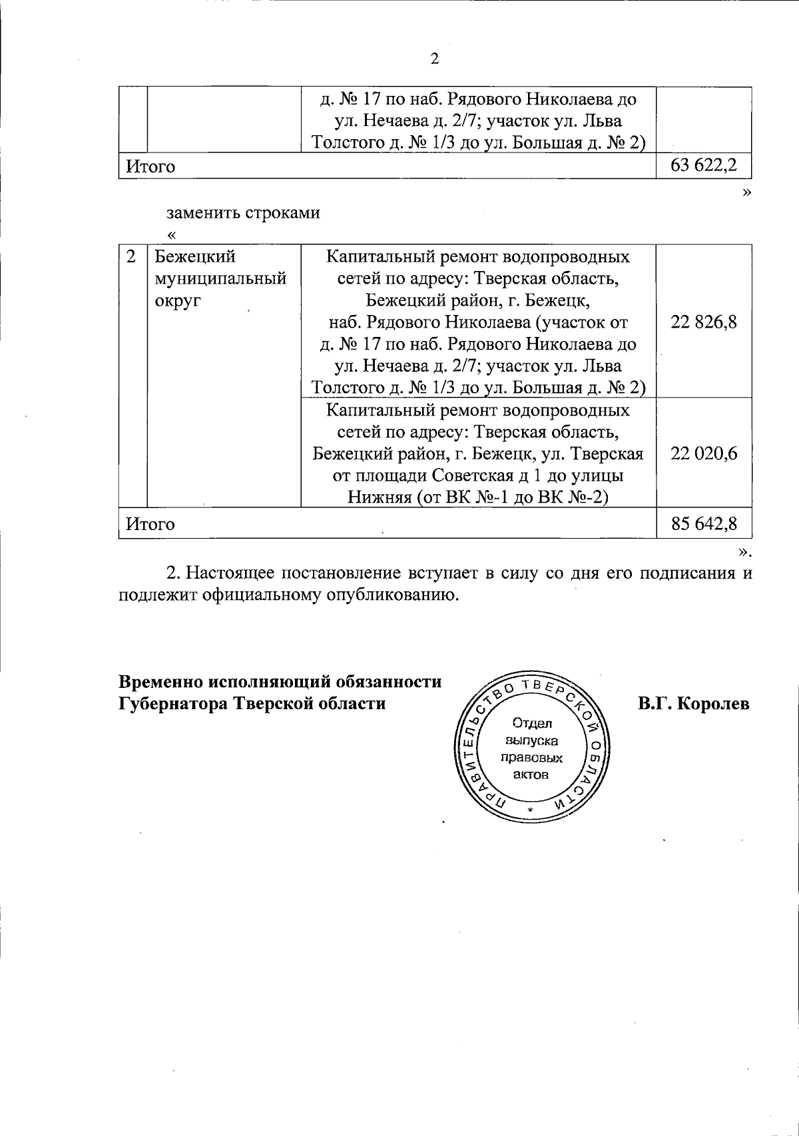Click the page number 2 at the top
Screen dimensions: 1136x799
(x=435, y=59)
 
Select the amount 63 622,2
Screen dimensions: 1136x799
(x=704, y=165)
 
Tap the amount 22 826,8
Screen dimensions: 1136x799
(x=704, y=322)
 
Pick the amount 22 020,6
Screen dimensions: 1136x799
(x=704, y=453)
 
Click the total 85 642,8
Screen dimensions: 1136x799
(x=704, y=523)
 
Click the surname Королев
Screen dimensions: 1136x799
(x=713, y=704)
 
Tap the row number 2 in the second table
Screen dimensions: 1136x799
(x=132, y=257)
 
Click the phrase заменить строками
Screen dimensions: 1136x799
(x=243, y=212)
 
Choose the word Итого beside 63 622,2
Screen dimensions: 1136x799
(x=151, y=166)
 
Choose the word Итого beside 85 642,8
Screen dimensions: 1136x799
(x=151, y=524)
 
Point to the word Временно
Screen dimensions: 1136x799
(x=160, y=682)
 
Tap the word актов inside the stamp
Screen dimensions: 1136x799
(x=531, y=775)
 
